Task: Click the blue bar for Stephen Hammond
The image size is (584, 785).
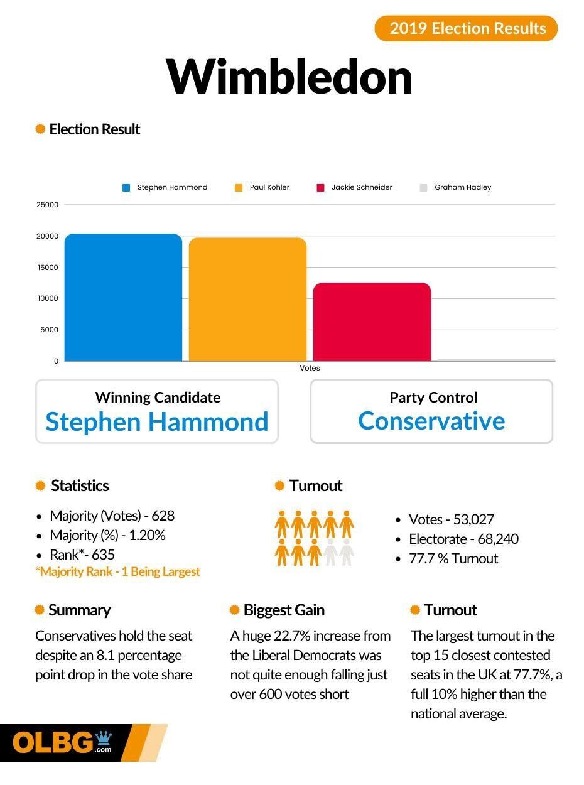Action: point(123,298)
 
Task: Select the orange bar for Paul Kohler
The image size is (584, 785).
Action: point(247,300)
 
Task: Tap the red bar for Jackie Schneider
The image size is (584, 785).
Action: point(372,322)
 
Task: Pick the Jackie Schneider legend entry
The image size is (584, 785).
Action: point(355,187)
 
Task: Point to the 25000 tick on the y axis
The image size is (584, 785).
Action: point(48,205)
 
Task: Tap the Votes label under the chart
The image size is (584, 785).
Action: point(310,368)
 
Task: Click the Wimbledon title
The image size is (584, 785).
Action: point(289,77)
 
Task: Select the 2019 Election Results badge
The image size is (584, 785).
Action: point(466,28)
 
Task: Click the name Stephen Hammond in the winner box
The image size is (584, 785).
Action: point(157,421)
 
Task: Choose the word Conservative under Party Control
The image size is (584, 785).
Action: point(431,421)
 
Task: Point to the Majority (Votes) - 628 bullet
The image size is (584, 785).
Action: point(112,516)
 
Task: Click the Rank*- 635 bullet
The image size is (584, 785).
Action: point(82,555)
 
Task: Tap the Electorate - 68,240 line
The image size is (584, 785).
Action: point(463,539)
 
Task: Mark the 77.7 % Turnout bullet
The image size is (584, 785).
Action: point(453,558)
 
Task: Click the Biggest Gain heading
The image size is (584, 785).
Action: point(284,610)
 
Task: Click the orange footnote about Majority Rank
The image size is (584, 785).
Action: point(117,571)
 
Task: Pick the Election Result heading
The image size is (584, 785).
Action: point(94,129)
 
